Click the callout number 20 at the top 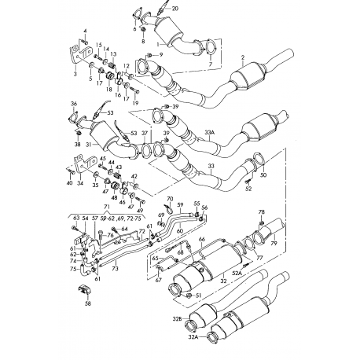(174, 8)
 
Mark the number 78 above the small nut (262, 212)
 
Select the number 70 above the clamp (169, 199)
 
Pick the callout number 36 (73, 104)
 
